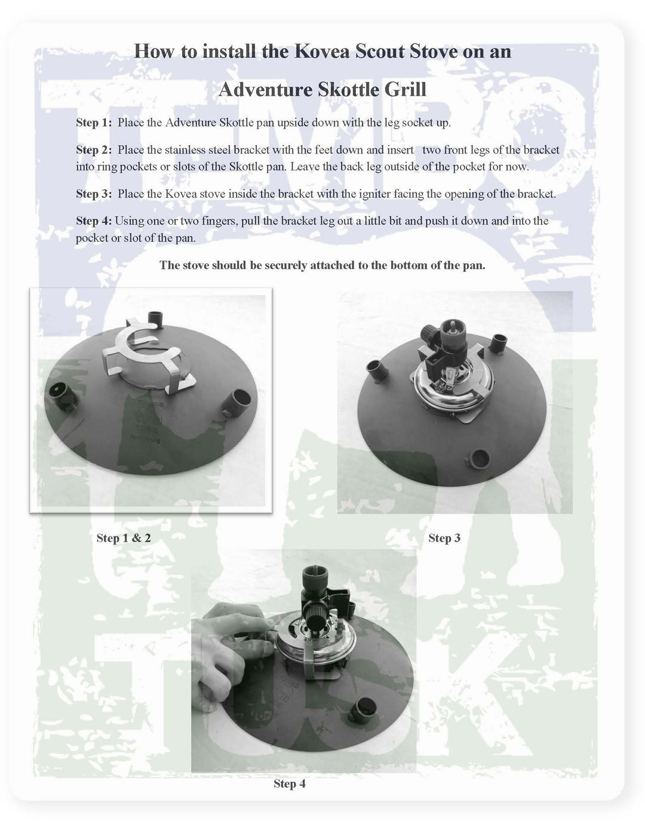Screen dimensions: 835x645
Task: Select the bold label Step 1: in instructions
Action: click(94, 123)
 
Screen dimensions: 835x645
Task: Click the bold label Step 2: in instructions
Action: click(94, 150)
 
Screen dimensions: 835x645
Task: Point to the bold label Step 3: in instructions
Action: click(94, 194)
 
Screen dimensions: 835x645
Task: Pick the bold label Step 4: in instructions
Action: click(94, 221)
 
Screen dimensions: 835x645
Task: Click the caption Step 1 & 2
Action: click(124, 538)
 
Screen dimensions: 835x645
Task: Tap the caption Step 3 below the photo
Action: click(444, 538)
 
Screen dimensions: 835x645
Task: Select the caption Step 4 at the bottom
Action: click(290, 784)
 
